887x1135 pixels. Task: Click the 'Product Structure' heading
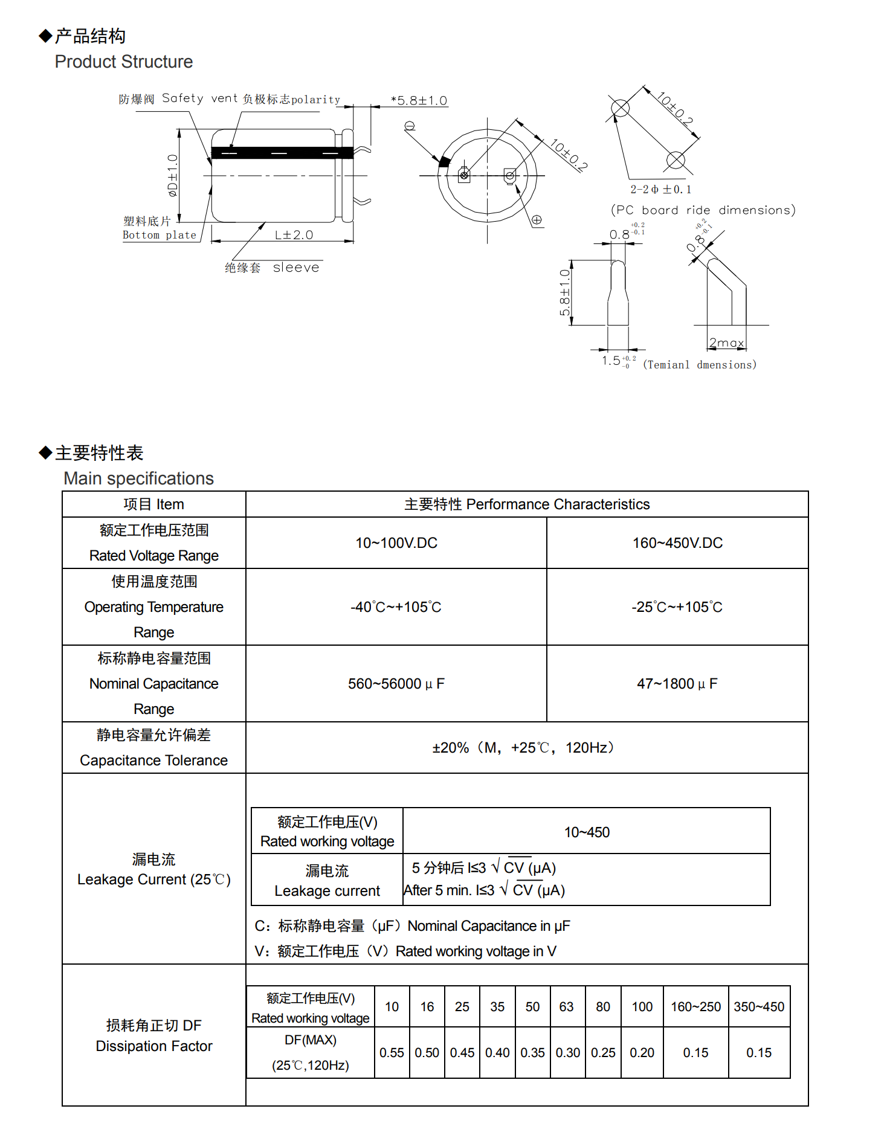(123, 62)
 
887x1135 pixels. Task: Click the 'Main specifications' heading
(138, 478)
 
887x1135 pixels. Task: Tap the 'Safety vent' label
(182, 98)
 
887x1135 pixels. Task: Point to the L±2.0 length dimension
(294, 235)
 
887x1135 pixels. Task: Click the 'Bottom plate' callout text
(160, 235)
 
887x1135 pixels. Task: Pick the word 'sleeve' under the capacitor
(295, 268)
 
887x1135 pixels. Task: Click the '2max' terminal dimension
(726, 342)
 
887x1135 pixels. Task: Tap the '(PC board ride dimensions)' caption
(703, 210)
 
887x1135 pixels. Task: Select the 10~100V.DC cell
(396, 543)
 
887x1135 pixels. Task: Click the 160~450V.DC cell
(677, 543)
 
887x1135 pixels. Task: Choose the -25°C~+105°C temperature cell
(677, 607)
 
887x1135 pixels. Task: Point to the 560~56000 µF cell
(396, 684)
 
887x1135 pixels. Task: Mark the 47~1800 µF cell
(677, 684)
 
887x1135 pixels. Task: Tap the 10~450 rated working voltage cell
(587, 832)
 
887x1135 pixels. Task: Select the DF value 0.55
(392, 1053)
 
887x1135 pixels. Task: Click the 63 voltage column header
(566, 1007)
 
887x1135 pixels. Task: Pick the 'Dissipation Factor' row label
(154, 1046)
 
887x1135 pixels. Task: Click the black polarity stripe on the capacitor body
(282, 153)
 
